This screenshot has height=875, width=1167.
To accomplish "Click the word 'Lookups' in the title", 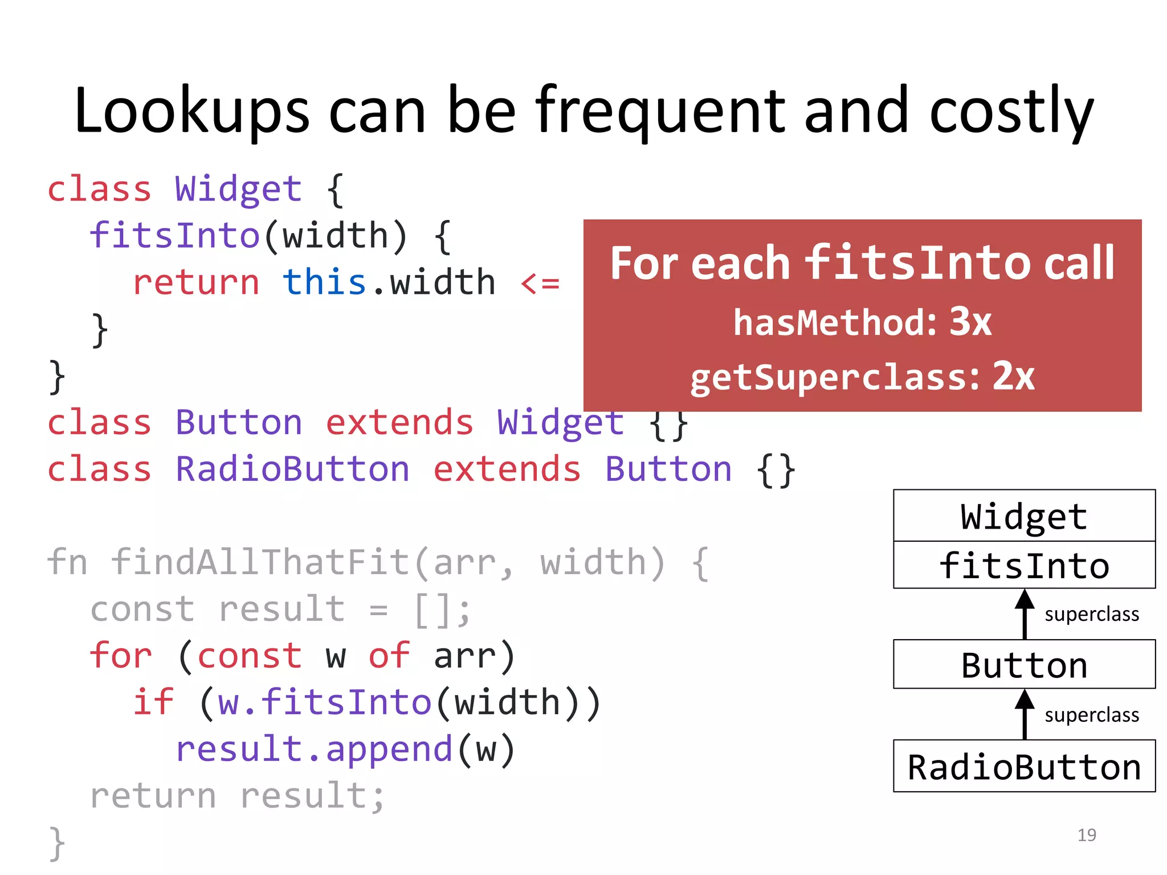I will click(191, 111).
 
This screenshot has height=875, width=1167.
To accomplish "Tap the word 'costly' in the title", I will click(1011, 111).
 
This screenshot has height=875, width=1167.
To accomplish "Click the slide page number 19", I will click(1087, 835).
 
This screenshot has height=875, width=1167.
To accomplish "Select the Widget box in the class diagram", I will click(1024, 516).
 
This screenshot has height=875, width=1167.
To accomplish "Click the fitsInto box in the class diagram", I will click(1024, 566).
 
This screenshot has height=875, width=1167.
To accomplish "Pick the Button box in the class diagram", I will click(1024, 665).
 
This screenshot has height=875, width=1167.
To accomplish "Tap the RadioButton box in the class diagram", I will click(1024, 767).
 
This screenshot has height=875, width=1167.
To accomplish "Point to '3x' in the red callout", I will click(970, 322).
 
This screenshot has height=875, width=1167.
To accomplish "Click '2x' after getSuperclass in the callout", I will click(1014, 377).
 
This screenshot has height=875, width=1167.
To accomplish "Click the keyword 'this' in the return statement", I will click(324, 283).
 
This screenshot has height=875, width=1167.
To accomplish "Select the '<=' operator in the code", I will click(540, 283).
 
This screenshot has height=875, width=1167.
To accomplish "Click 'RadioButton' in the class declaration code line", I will click(292, 469).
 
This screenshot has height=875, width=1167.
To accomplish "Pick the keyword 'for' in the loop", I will click(121, 656).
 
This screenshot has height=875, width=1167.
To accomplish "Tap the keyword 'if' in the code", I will click(153, 702).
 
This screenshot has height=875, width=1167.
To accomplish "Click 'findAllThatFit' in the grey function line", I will click(260, 563).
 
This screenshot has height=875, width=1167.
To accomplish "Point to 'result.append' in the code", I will click(313, 749).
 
